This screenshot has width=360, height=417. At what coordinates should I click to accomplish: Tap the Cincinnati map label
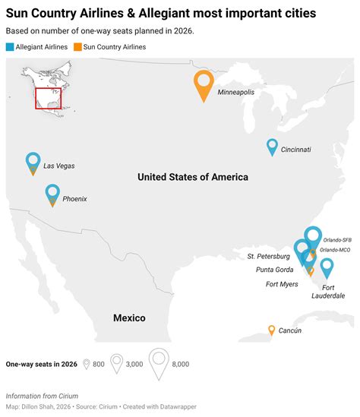[x=295, y=150]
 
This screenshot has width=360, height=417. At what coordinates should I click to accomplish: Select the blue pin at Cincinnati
[x=272, y=147]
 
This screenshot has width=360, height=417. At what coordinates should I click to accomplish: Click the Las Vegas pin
[x=33, y=162]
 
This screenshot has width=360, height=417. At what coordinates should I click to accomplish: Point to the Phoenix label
[x=74, y=198]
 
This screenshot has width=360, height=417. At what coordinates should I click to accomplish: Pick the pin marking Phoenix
[x=52, y=194]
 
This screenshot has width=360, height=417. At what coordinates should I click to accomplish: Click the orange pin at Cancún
[x=271, y=330]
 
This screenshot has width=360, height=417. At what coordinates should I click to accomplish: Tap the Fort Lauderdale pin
[x=327, y=267]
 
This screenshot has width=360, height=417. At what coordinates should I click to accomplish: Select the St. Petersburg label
[x=268, y=257]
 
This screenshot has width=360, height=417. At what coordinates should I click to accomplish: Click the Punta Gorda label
[x=274, y=270]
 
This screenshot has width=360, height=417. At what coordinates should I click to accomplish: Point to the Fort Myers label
[x=282, y=284]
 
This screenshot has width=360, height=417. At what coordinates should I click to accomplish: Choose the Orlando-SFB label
[x=336, y=239]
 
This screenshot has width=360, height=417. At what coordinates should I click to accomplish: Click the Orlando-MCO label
[x=335, y=250]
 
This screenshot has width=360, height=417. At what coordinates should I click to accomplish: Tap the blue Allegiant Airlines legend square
[x=9, y=47]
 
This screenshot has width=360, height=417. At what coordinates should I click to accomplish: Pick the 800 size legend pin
[x=87, y=364]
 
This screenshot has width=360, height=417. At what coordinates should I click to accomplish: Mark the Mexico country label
[x=129, y=317]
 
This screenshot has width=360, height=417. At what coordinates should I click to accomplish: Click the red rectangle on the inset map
[x=49, y=98]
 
